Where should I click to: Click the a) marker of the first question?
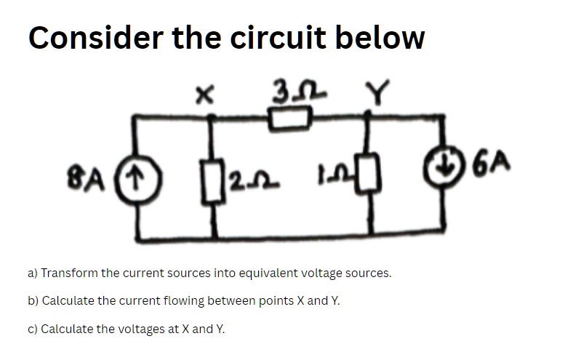pyautogui.click(x=33, y=273)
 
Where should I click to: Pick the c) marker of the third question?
pyautogui.click(x=33, y=329)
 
